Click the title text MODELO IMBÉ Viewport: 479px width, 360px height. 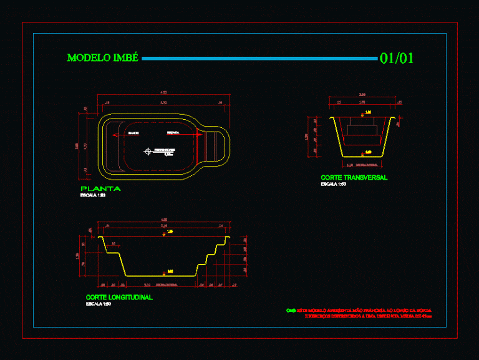102,58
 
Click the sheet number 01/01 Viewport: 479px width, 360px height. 397,58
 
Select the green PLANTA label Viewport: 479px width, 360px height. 100,188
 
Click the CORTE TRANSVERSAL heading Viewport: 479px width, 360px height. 354,178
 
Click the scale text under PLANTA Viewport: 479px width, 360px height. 93,195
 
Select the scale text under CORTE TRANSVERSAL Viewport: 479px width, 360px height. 333,185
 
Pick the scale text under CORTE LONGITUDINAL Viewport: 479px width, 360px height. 99,304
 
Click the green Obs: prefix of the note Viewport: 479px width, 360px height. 291,310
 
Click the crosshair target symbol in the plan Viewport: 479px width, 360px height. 147,150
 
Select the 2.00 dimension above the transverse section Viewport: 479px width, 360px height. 362,95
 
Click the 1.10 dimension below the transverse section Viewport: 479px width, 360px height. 349,165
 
